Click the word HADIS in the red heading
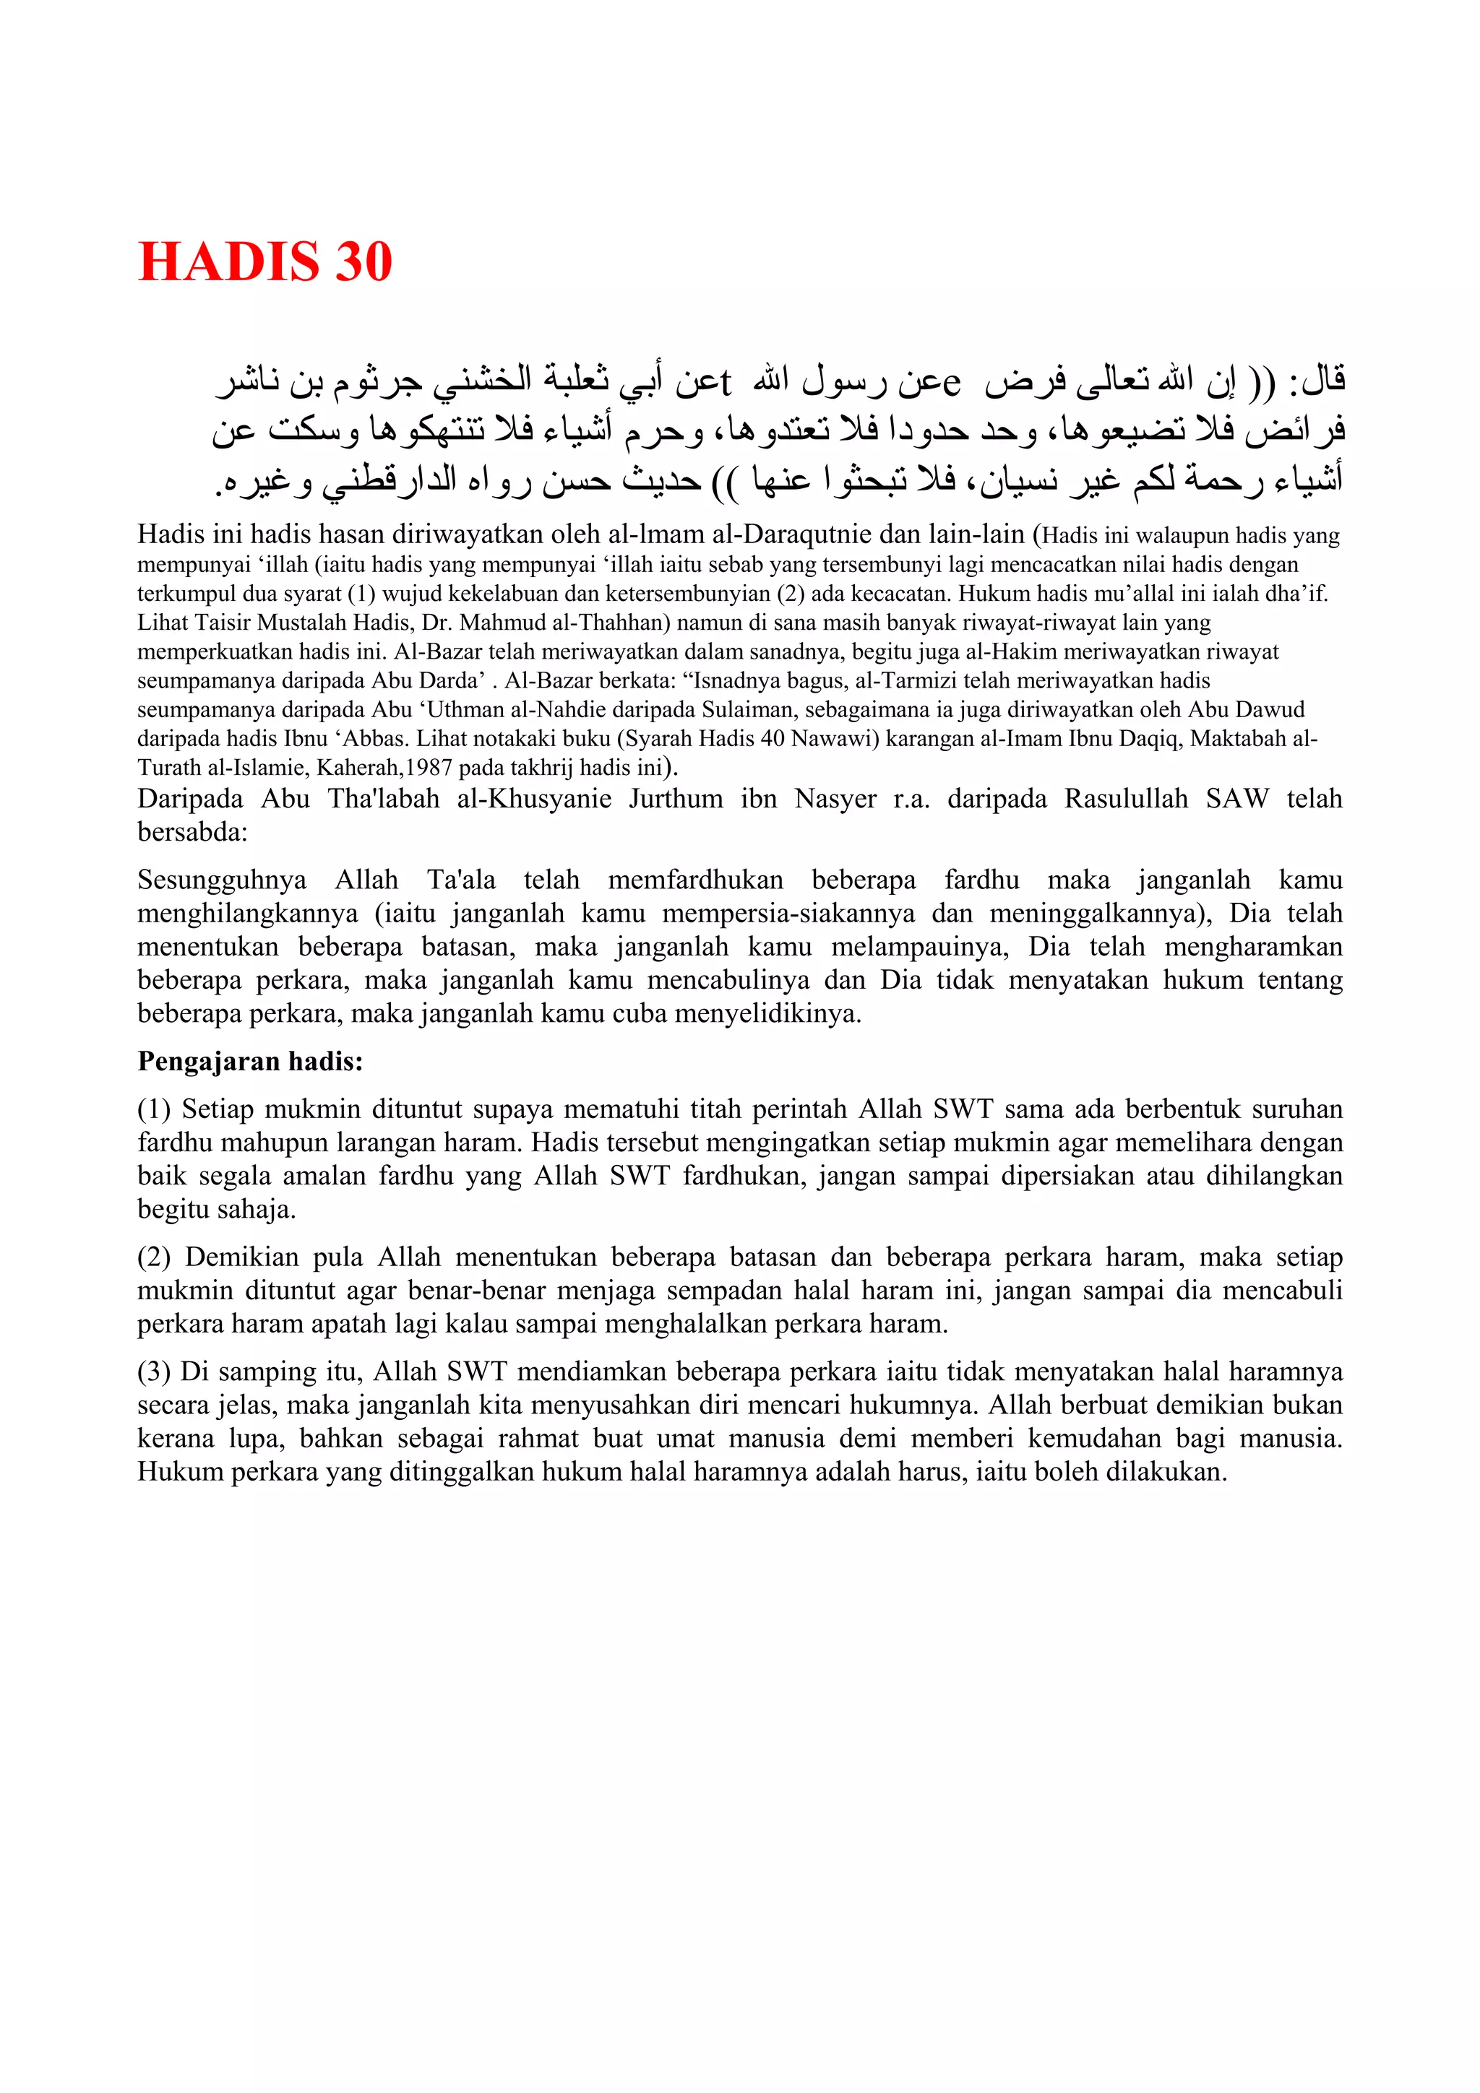(228, 263)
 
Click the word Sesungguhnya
(222, 880)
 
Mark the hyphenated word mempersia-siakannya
(789, 914)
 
